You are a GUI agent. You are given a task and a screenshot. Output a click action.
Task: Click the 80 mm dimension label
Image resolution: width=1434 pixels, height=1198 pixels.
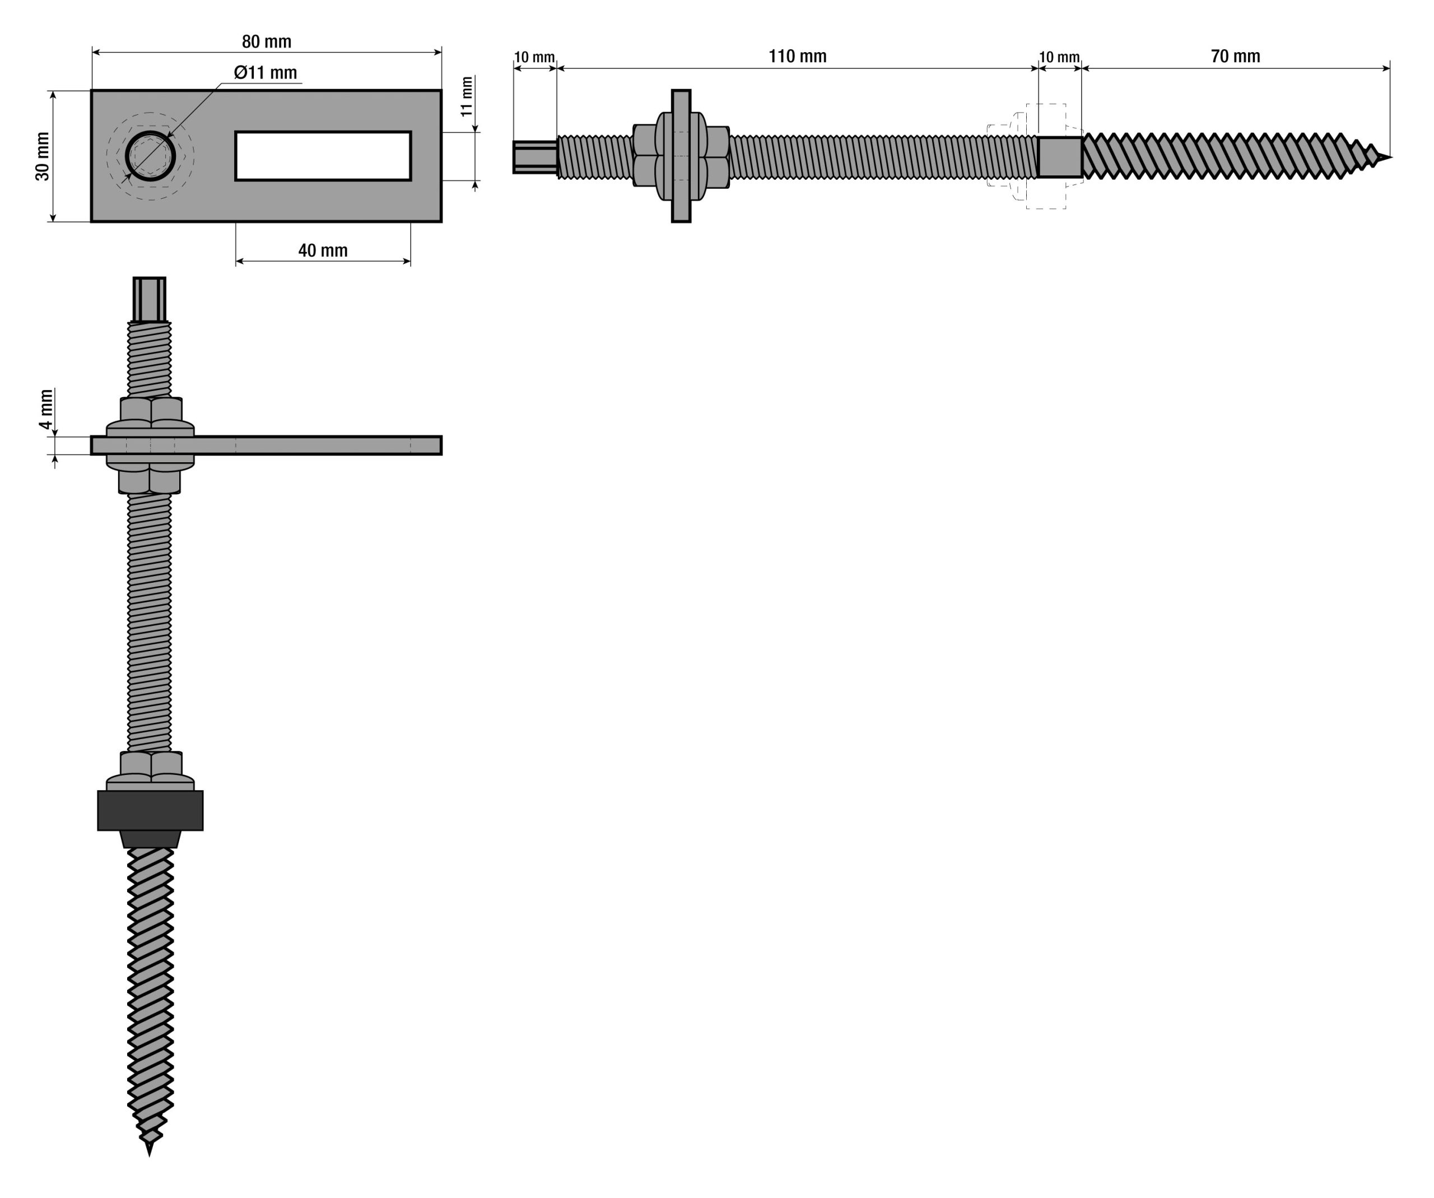tap(266, 41)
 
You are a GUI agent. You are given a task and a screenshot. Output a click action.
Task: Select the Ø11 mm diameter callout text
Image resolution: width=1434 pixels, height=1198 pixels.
tap(266, 72)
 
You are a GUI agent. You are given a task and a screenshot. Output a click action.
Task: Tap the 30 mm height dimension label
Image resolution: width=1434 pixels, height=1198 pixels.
tap(43, 156)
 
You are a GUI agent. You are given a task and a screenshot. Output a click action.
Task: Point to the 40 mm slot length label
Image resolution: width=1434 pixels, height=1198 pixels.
tap(323, 250)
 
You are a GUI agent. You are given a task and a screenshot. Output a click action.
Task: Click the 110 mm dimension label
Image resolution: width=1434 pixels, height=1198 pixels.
tap(797, 56)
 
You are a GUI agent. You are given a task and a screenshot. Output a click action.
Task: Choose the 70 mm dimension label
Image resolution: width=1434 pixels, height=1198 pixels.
tap(1235, 56)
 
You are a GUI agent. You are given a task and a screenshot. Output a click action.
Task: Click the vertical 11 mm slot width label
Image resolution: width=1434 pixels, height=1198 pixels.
tap(467, 97)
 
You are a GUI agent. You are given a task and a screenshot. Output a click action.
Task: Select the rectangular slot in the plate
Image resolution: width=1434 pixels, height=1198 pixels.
tap(323, 156)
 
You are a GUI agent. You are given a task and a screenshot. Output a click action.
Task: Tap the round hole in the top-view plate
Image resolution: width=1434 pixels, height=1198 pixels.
tap(150, 156)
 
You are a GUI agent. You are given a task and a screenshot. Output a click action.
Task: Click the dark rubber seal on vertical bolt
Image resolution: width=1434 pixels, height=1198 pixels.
tap(150, 811)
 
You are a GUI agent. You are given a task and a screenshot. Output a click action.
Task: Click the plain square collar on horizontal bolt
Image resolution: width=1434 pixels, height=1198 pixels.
tap(1060, 157)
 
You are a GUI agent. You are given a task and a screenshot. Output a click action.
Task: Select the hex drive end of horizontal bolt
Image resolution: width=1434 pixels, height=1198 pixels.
tap(535, 157)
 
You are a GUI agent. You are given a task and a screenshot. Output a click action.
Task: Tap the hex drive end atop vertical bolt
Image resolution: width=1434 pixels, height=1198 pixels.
tap(149, 299)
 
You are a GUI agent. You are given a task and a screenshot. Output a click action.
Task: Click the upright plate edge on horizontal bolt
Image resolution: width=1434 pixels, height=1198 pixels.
tap(681, 156)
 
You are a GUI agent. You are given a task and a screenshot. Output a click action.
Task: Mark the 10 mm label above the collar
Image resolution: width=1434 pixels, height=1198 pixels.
tap(1059, 57)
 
